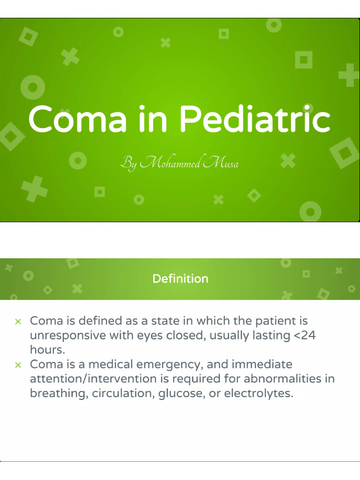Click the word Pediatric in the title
coord(255,119)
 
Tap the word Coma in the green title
coord(77,119)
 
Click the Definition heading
coord(180,279)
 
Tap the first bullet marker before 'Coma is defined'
coord(18,322)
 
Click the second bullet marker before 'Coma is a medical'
coord(18,365)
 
